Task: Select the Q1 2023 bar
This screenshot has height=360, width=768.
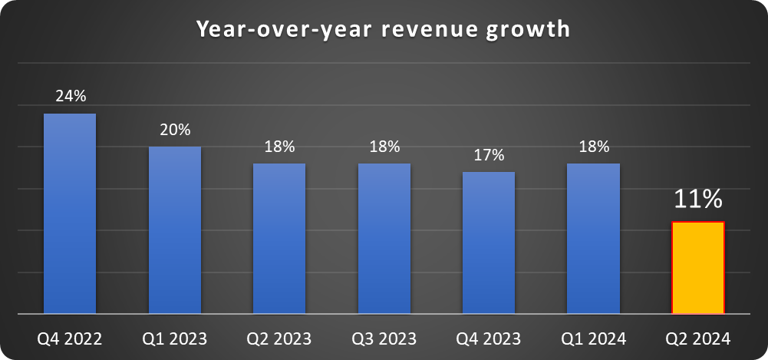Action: [x=175, y=230]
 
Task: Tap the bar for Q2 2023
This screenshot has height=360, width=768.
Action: [x=279, y=239]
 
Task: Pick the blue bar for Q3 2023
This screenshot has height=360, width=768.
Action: [x=384, y=239]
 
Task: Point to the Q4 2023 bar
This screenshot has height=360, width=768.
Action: [x=489, y=243]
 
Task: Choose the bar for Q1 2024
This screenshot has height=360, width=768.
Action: [x=593, y=239]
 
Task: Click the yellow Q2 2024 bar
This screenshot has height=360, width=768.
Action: [x=698, y=268]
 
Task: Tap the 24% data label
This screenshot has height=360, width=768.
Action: [x=71, y=97]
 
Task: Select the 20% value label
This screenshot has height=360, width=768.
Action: [x=175, y=130]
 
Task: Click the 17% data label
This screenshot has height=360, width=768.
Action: [x=489, y=155]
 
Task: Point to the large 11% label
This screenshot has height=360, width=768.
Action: [x=698, y=200]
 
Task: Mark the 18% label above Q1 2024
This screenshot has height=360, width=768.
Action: [x=593, y=147]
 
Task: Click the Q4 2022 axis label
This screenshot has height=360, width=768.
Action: [x=70, y=339]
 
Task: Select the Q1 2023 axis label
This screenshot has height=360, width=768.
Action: [x=175, y=339]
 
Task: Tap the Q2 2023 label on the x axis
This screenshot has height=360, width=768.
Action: [x=279, y=339]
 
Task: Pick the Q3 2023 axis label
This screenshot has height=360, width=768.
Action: [x=384, y=339]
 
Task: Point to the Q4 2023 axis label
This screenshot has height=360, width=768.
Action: [x=489, y=339]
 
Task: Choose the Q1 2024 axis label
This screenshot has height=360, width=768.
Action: [x=593, y=339]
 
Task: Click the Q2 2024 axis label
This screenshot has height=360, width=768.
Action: [x=698, y=339]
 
